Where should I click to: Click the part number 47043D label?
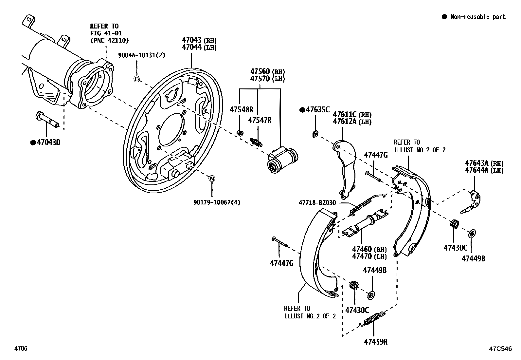(x=48, y=142)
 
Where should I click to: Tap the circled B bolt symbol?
(x=137, y=79)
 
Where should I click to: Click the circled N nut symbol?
(x=212, y=179)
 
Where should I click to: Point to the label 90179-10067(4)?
(x=216, y=202)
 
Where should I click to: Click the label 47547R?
(x=260, y=120)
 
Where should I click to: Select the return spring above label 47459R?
(x=372, y=319)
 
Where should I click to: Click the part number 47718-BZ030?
(x=317, y=203)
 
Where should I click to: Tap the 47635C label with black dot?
(x=317, y=110)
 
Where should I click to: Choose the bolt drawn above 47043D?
(x=47, y=120)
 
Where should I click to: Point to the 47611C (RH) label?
(x=352, y=115)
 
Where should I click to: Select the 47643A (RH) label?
(x=484, y=163)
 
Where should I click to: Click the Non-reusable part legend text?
(x=477, y=17)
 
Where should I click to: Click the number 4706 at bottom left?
(x=21, y=349)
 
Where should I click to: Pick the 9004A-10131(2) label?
(x=141, y=55)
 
